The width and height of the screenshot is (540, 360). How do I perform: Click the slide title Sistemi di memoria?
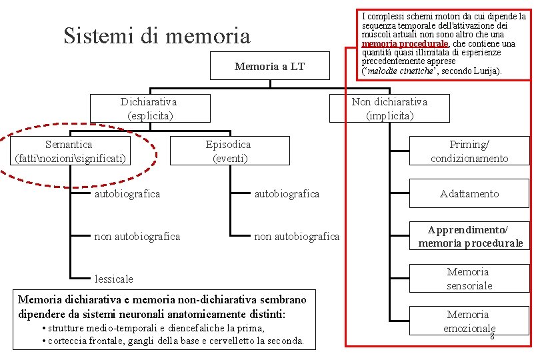coord(157,35)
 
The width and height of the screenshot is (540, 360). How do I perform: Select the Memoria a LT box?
coord(269,66)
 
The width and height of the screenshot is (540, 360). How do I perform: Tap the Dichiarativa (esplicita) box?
coord(149,108)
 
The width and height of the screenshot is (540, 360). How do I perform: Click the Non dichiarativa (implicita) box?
coord(389,108)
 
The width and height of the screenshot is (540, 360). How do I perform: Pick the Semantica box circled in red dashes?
coord(69,151)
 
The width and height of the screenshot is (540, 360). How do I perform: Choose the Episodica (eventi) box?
coord(229,151)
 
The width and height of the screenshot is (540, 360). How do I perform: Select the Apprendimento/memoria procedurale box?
coord(470,236)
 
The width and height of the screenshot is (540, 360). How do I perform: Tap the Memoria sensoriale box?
coord(469,279)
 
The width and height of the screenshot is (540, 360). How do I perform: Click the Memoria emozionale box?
coord(469,321)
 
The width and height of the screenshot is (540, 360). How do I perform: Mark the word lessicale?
coord(114,279)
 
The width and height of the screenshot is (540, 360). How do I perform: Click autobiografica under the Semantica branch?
coord(127,194)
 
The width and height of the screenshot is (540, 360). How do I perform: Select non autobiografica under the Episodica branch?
coord(297,237)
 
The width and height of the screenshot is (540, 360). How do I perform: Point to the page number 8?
coord(492,337)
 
